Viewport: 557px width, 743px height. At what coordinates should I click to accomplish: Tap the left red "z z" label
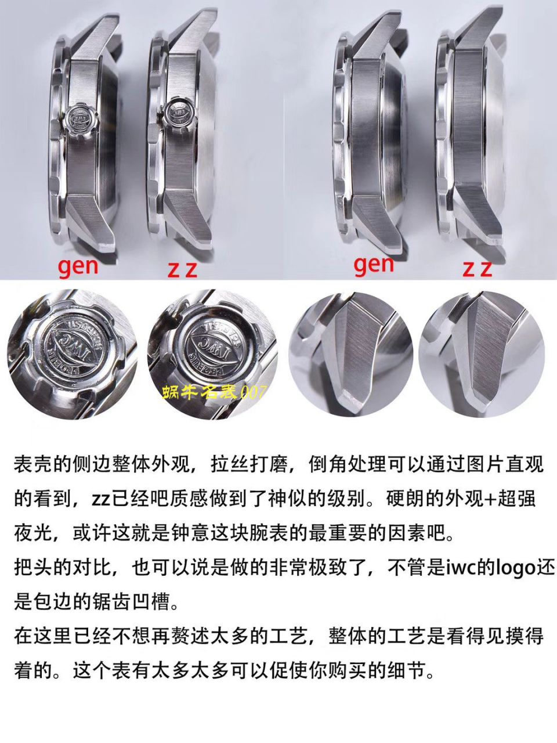click(x=182, y=269)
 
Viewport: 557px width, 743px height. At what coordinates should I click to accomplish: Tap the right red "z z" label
click(x=477, y=268)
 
